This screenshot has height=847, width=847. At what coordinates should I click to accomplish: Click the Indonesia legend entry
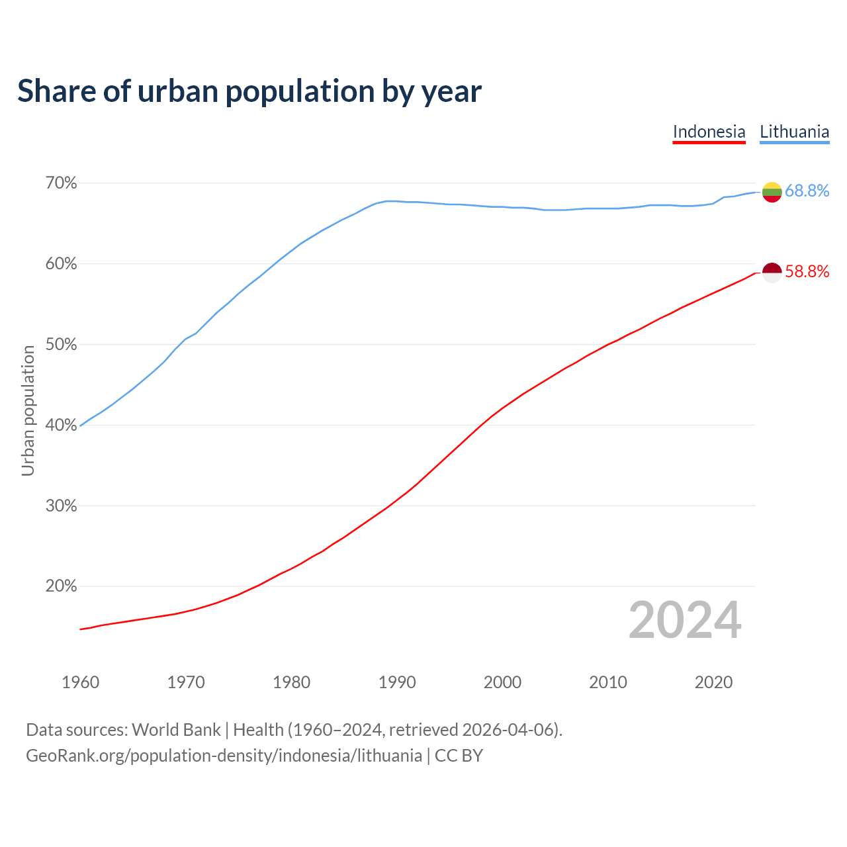(x=709, y=132)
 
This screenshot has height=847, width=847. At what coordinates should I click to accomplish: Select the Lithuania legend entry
(x=794, y=132)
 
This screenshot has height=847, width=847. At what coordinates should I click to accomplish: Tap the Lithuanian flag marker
(x=772, y=192)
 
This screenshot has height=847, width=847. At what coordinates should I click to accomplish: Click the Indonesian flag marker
(x=772, y=272)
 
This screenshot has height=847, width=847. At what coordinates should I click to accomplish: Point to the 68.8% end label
(x=807, y=191)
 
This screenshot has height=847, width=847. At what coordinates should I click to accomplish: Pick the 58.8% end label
(x=807, y=272)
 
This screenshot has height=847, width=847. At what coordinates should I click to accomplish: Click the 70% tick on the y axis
(x=60, y=183)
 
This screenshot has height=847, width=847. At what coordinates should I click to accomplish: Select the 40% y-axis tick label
(x=60, y=425)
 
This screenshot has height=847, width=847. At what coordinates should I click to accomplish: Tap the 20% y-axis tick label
(x=60, y=586)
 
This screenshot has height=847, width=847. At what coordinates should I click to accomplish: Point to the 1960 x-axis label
(x=80, y=682)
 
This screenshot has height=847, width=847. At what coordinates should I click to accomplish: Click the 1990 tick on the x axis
(x=397, y=682)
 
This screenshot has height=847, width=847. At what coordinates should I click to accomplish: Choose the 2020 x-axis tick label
(x=713, y=682)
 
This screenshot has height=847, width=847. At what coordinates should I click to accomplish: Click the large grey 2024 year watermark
(x=685, y=620)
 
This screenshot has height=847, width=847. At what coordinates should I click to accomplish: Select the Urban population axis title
(x=28, y=410)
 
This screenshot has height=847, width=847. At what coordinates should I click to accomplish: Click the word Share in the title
(x=56, y=91)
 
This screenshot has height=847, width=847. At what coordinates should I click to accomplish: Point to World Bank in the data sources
(x=176, y=730)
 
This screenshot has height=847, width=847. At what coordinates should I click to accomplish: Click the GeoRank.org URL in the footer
(x=224, y=756)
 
